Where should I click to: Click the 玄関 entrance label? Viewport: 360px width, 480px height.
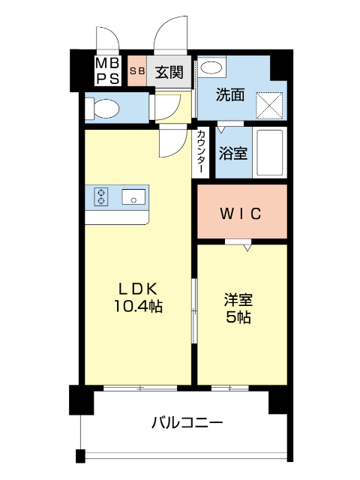(170, 73)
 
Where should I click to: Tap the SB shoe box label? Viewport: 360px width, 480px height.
(137, 72)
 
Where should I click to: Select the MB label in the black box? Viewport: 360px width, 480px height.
(104, 64)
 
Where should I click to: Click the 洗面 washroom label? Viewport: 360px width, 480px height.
(230, 95)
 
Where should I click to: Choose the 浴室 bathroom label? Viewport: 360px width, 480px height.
(232, 153)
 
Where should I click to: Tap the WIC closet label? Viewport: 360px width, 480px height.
(240, 214)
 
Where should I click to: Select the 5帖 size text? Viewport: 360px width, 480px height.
(239, 317)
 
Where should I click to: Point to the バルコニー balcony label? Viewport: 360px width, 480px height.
(187, 422)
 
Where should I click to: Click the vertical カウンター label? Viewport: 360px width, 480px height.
(202, 154)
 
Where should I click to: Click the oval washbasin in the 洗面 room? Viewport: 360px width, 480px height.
(212, 68)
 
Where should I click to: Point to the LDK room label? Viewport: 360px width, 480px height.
(137, 288)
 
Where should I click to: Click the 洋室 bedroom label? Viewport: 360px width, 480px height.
(239, 300)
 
